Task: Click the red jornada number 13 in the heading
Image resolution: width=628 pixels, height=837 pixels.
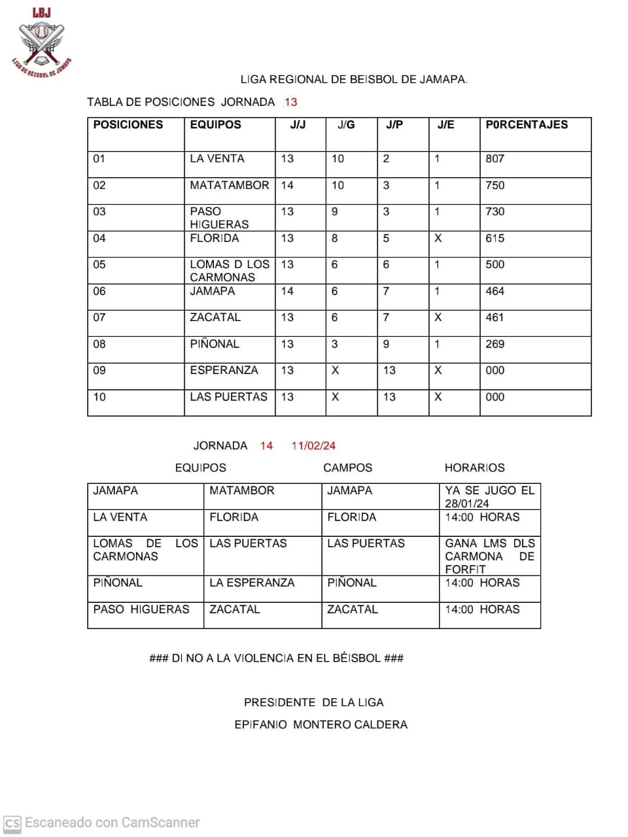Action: [290, 102]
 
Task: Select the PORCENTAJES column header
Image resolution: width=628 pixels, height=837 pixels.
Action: [527, 125]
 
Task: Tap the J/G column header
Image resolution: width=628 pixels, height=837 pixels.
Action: [346, 125]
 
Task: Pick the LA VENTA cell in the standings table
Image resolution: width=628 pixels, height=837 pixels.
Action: [217, 159]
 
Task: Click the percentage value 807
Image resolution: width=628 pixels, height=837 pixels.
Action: [495, 159]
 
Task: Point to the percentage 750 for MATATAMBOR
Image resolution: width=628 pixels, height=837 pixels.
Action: [495, 186]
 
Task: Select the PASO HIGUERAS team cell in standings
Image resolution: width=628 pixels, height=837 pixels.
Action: [219, 218]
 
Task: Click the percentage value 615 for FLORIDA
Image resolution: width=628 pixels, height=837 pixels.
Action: [495, 239]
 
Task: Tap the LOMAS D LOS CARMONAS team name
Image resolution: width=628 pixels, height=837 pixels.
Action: [230, 271]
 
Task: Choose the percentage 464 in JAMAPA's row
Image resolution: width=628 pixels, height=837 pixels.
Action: [495, 292]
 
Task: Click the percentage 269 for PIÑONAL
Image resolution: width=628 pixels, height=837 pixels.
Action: [495, 345]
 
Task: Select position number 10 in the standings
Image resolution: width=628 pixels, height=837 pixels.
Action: [99, 398]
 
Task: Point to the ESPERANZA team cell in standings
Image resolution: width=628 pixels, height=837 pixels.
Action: [224, 371]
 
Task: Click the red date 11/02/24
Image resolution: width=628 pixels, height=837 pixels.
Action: [313, 446]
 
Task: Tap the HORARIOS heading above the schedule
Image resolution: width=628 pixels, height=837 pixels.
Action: [475, 468]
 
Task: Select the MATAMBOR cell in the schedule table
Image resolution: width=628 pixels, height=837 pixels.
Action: [242, 491]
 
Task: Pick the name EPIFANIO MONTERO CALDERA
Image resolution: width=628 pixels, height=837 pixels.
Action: [321, 725]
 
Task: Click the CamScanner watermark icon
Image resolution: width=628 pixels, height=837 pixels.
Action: [12, 823]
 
